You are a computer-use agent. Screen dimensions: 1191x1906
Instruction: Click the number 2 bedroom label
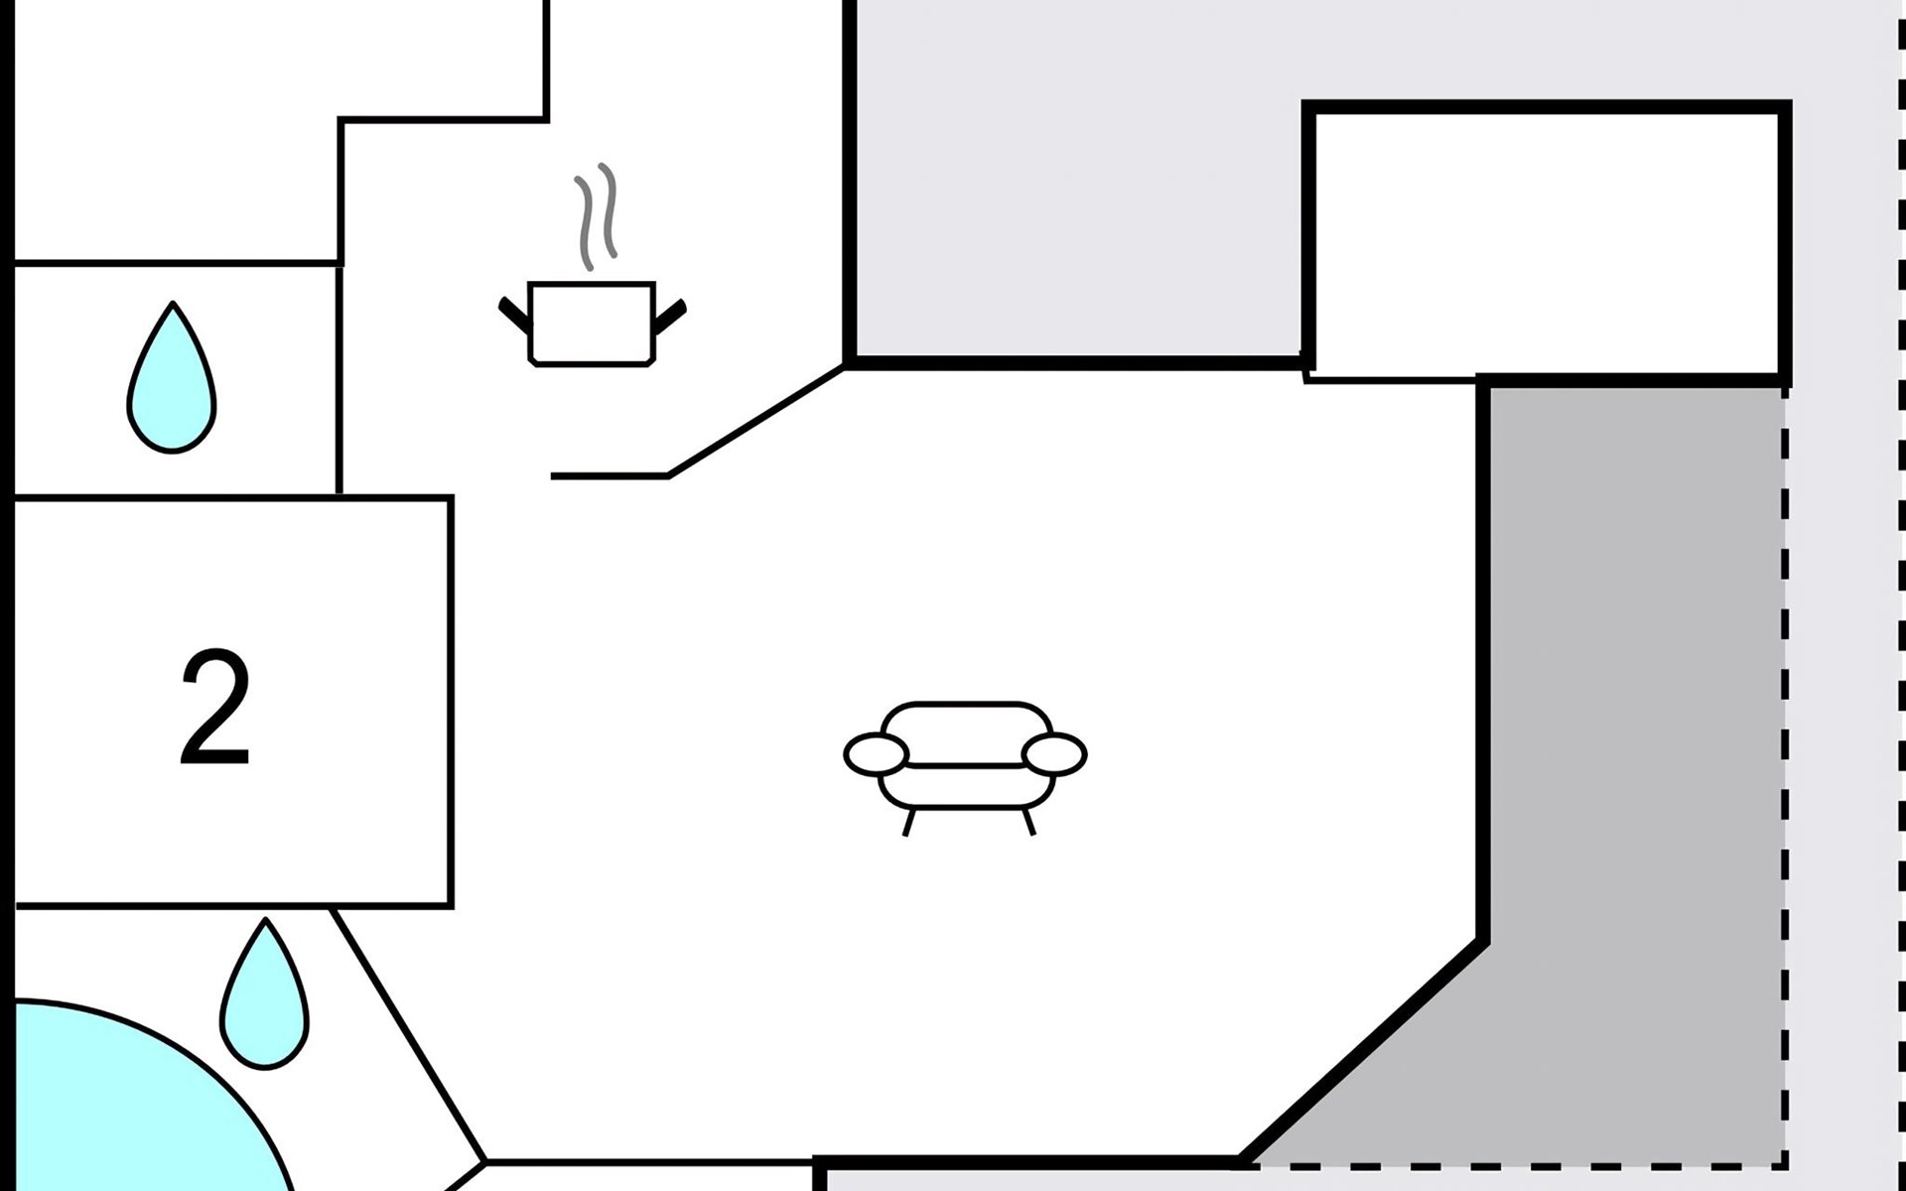point(214,707)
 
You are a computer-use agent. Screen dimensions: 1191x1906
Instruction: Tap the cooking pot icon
point(592,324)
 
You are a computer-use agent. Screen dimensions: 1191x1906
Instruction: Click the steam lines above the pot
point(596,216)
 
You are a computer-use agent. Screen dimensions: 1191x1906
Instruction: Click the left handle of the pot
point(514,314)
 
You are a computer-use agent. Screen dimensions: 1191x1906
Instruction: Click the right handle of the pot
point(670,316)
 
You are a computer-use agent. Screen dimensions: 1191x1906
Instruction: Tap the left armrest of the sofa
point(876,754)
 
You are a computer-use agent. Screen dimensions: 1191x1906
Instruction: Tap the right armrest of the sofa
point(1054,753)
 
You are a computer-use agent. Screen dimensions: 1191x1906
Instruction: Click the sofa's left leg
point(908,822)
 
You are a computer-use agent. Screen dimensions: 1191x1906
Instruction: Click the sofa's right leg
point(1028,822)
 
